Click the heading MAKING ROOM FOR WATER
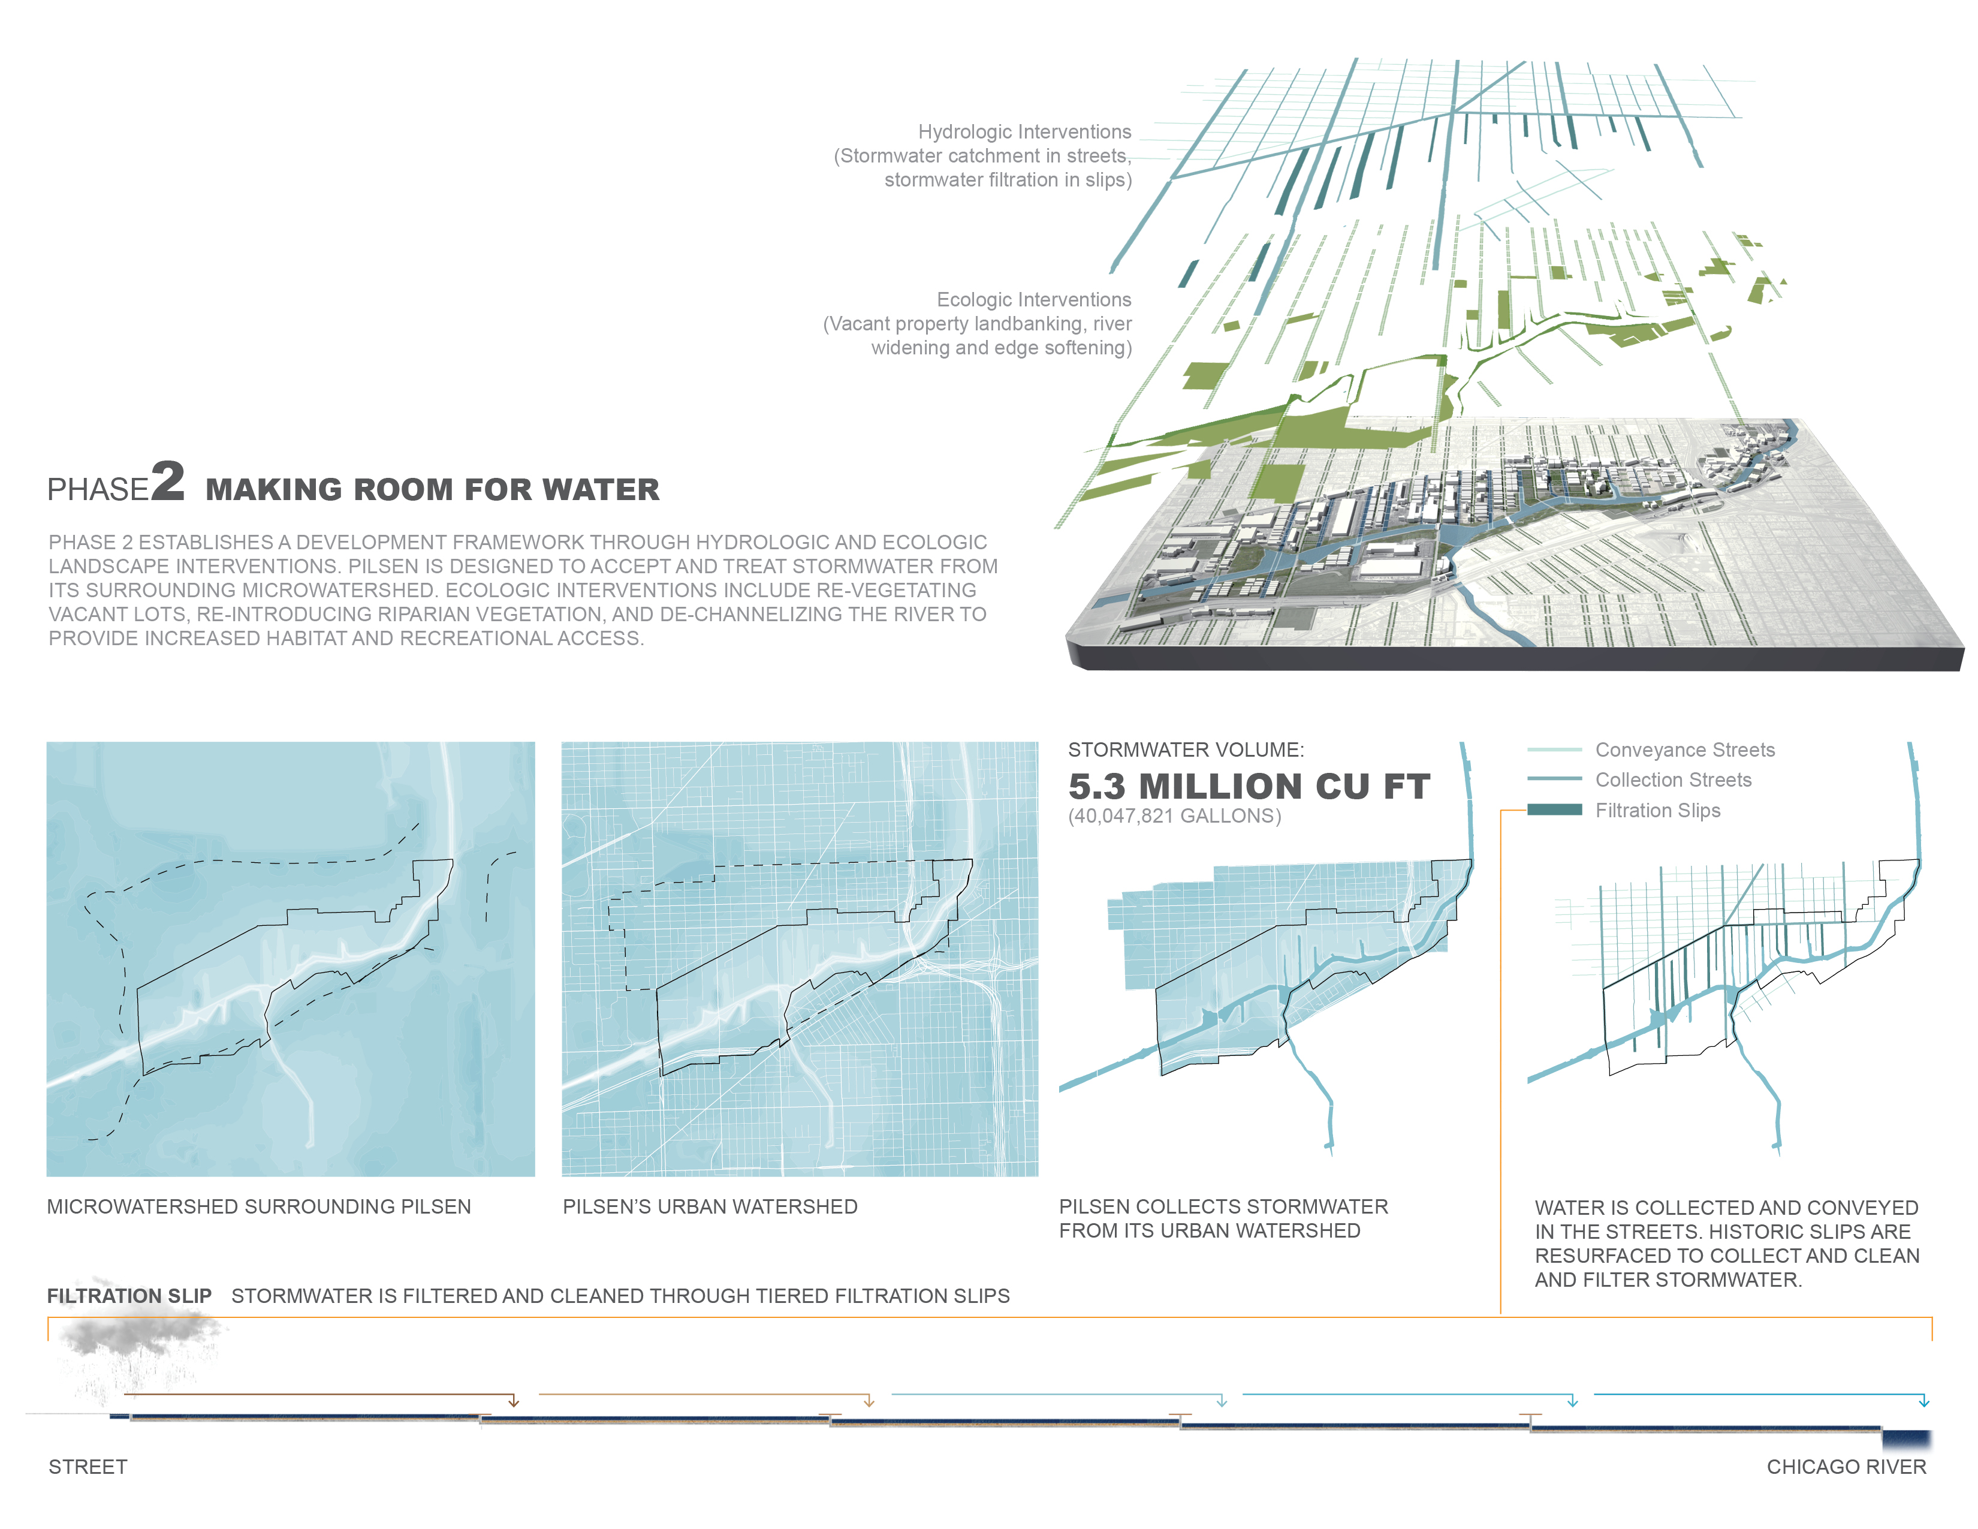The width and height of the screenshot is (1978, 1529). pyautogui.click(x=432, y=489)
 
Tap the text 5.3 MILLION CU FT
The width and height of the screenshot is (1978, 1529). pyautogui.click(x=1249, y=786)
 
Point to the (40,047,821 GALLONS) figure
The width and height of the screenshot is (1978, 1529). pyautogui.click(x=1175, y=816)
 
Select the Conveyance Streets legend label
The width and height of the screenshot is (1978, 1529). pyautogui.click(x=1684, y=750)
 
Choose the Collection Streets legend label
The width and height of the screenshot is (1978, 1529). pyautogui.click(x=1673, y=780)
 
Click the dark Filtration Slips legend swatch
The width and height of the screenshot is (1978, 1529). pyautogui.click(x=1554, y=810)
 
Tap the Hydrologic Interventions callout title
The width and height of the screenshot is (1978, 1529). pyautogui.click(x=1024, y=133)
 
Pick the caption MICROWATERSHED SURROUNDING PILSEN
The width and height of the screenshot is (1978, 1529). pyautogui.click(x=259, y=1206)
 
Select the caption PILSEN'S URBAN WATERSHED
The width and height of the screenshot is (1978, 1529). pyautogui.click(x=710, y=1206)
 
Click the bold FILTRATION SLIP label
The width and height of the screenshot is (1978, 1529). pyautogui.click(x=129, y=1296)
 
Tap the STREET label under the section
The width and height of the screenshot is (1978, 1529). pyautogui.click(x=88, y=1467)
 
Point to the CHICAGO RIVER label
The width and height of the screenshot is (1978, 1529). pyautogui.click(x=1847, y=1467)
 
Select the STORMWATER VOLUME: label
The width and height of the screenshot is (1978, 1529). pyautogui.click(x=1186, y=750)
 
